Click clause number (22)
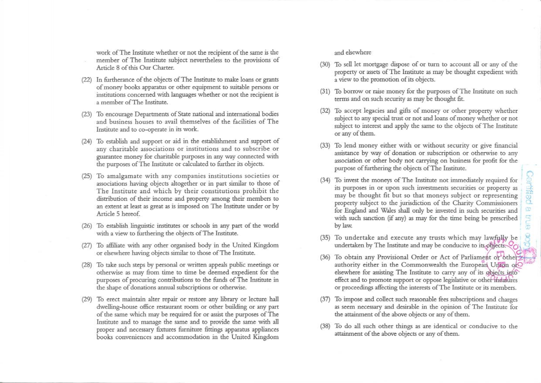pyautogui.click(x=87, y=80)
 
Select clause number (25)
pyautogui.click(x=87, y=176)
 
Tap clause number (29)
pyautogui.click(x=87, y=299)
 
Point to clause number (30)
pyautogui.click(x=325, y=65)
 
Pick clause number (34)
pyautogui.click(x=325, y=180)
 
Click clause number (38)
pyautogui.click(x=325, y=326)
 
